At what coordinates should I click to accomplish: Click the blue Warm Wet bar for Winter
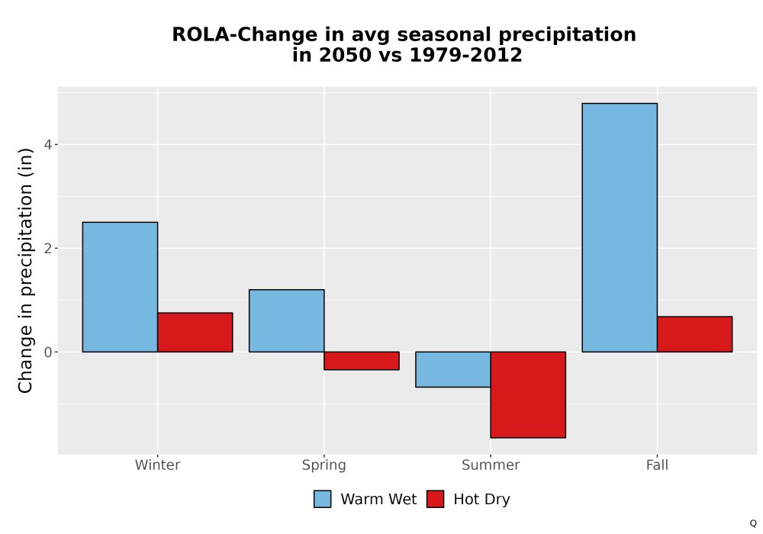tap(121, 287)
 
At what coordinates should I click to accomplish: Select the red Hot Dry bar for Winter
tap(195, 332)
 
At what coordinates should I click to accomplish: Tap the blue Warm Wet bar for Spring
tap(287, 320)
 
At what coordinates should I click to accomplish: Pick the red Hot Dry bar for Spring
tap(362, 361)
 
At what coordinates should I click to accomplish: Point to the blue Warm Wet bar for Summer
tap(453, 369)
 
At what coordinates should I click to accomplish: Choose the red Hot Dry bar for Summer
tap(528, 394)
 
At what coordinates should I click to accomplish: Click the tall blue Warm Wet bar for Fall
tap(620, 227)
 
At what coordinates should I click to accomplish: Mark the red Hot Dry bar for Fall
tap(695, 334)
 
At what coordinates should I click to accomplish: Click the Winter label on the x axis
tap(158, 465)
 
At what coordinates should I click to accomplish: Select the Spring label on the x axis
tap(324, 465)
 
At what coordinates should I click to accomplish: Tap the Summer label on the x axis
tap(491, 465)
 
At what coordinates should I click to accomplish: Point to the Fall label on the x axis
tap(657, 465)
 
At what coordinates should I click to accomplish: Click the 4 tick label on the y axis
tap(47, 144)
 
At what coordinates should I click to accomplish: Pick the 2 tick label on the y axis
tap(47, 249)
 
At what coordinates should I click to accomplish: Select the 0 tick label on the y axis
tap(47, 352)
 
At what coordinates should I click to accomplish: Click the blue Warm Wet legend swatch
tap(322, 499)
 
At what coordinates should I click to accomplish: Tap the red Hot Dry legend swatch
tap(435, 499)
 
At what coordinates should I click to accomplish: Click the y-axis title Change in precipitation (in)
tap(25, 270)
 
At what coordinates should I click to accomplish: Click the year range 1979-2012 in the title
tap(465, 55)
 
